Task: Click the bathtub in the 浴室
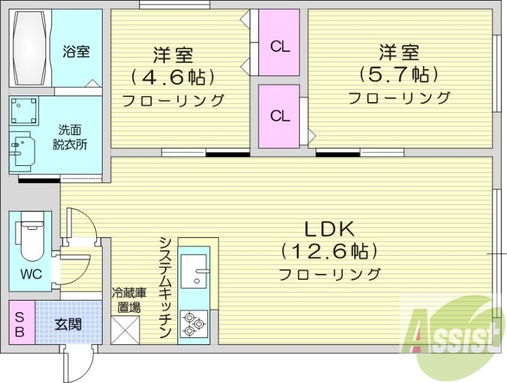pyautogui.click(x=29, y=49)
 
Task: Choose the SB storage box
pyautogui.click(x=20, y=323)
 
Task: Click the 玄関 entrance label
pyautogui.click(x=67, y=325)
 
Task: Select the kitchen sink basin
pyautogui.click(x=195, y=271)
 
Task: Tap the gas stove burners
pyautogui.click(x=193, y=324)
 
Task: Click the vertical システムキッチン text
pyautogui.click(x=165, y=288)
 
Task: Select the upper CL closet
pyautogui.click(x=279, y=46)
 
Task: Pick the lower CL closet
pyautogui.click(x=279, y=116)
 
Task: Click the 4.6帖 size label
pyautogui.click(x=172, y=77)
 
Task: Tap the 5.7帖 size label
pyautogui.click(x=399, y=75)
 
